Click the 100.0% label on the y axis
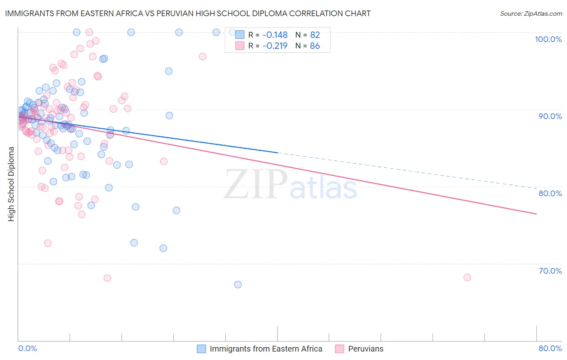pyautogui.click(x=548, y=39)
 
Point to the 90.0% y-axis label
pyautogui.click(x=550, y=116)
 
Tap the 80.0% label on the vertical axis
pyautogui.click(x=550, y=193)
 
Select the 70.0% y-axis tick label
pyautogui.click(x=550, y=271)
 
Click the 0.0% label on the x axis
pyautogui.click(x=27, y=348)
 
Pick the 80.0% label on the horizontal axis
pyautogui.click(x=550, y=348)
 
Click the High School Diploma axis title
pyautogui.click(x=11, y=184)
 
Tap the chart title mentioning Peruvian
pyautogui.click(x=188, y=13)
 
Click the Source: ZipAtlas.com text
pyautogui.click(x=531, y=14)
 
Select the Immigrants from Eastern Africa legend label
pyautogui.click(x=266, y=349)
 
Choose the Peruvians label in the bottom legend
pyautogui.click(x=365, y=349)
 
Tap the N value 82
pyautogui.click(x=315, y=35)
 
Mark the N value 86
pyautogui.click(x=315, y=46)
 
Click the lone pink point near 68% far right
pyautogui.click(x=467, y=277)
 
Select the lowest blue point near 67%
pyautogui.click(x=238, y=285)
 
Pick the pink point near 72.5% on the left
pyautogui.click(x=48, y=243)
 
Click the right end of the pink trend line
pyautogui.click(x=536, y=214)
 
